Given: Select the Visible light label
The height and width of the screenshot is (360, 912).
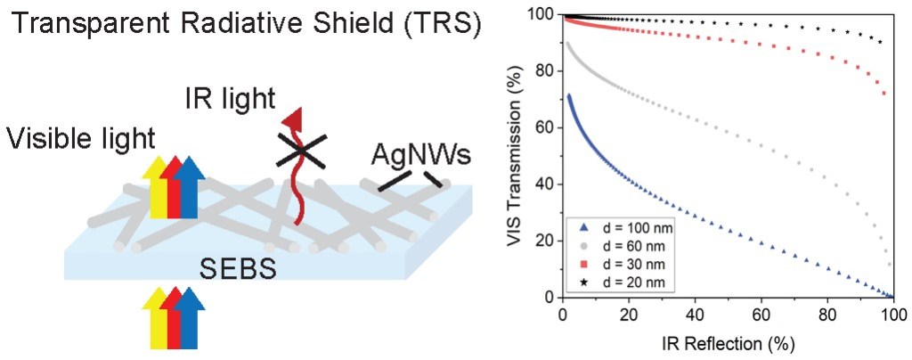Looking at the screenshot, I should click(81, 139).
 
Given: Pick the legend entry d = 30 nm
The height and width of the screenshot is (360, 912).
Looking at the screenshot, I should click(617, 266).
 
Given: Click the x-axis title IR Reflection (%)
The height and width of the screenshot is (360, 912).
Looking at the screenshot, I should click(728, 343).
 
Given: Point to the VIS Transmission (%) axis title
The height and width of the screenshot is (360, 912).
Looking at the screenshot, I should click(517, 156).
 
